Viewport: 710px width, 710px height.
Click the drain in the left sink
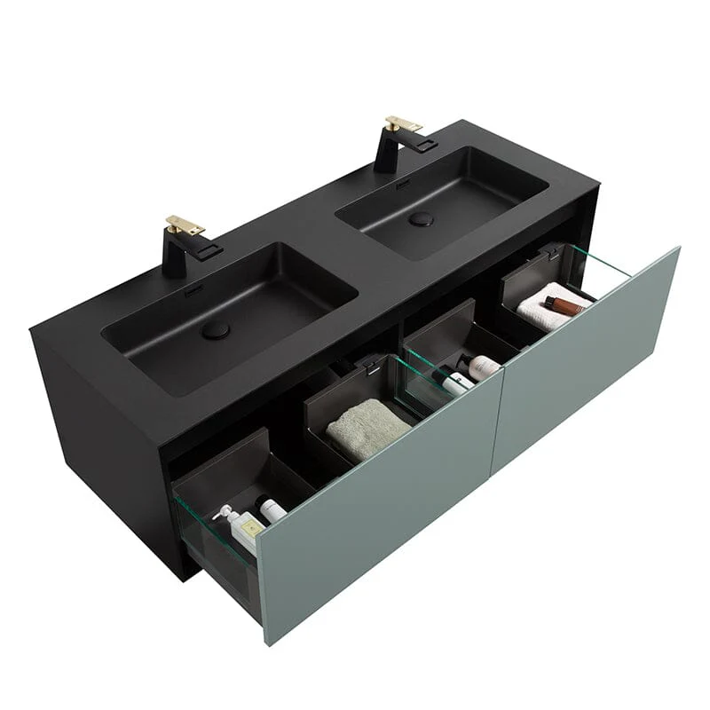coord(215,330)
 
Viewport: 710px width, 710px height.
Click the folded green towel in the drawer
coord(367,427)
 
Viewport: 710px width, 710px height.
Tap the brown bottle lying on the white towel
coord(565,306)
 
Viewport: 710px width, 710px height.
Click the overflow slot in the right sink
coord(403,184)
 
